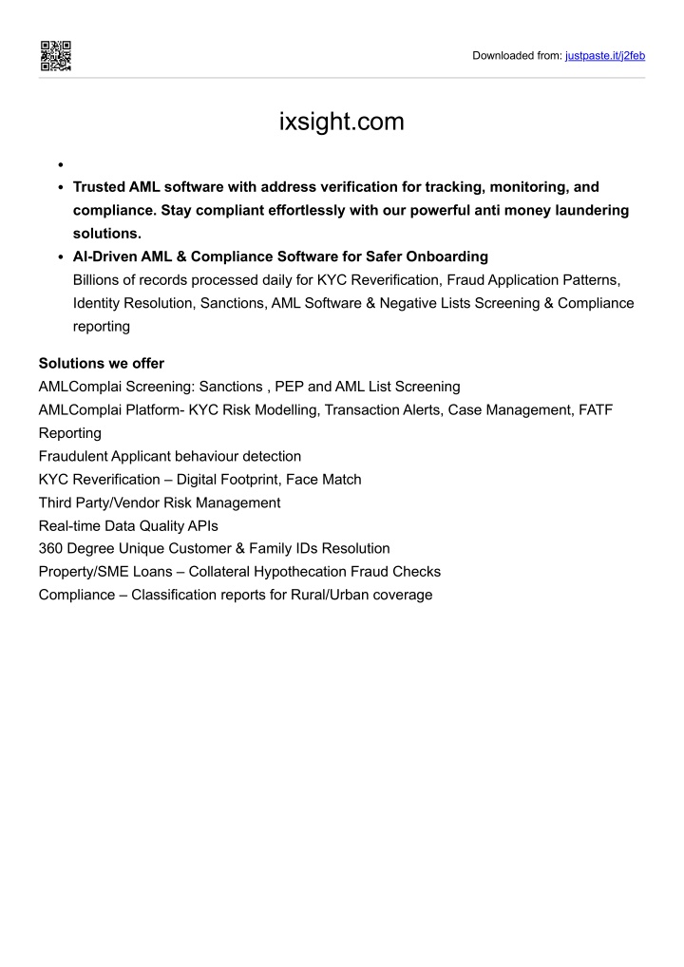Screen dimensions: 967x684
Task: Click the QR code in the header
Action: click(x=55, y=56)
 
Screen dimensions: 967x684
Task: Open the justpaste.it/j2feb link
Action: click(x=605, y=56)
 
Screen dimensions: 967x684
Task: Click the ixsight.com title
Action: click(x=342, y=123)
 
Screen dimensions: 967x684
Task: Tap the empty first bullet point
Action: click(x=60, y=163)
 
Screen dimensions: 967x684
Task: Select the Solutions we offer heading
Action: click(x=102, y=363)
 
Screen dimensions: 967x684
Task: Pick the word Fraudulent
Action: click(x=73, y=456)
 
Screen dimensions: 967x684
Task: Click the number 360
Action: click(x=50, y=548)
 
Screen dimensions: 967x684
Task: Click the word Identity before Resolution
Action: click(x=99, y=303)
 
